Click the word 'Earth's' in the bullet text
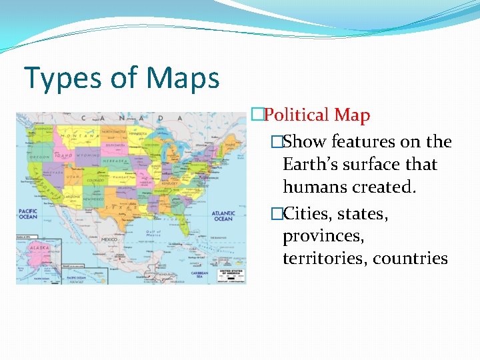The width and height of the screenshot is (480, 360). pos(311,164)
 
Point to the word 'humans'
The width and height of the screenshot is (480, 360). pos(315,187)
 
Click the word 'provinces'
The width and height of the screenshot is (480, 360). pos(323,237)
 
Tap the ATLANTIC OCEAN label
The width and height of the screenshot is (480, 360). pos(223,216)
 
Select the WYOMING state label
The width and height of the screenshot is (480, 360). pos(87,155)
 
